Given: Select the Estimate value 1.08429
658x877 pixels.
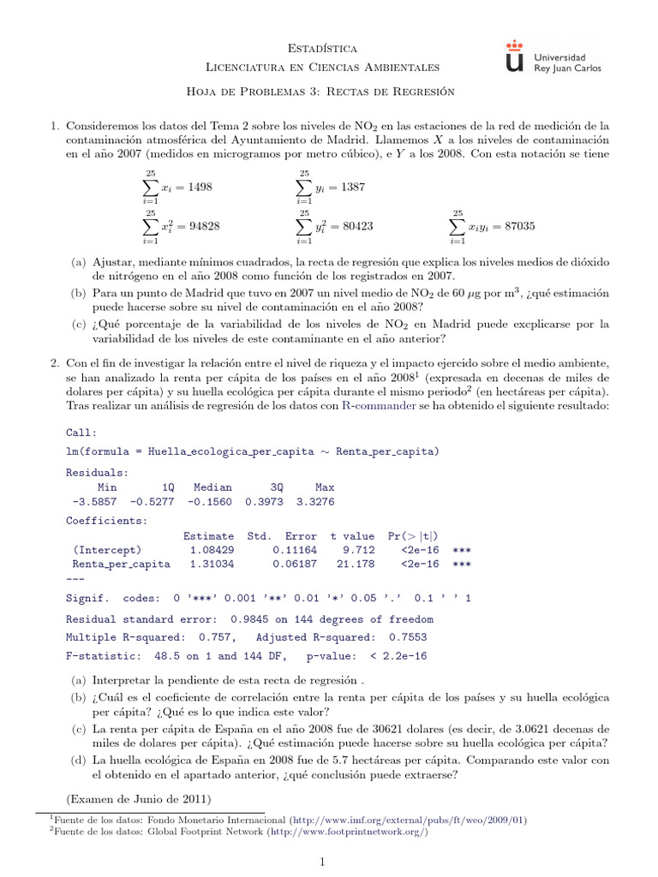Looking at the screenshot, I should click(209, 549).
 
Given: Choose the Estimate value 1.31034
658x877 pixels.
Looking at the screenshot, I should click(209, 564).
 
